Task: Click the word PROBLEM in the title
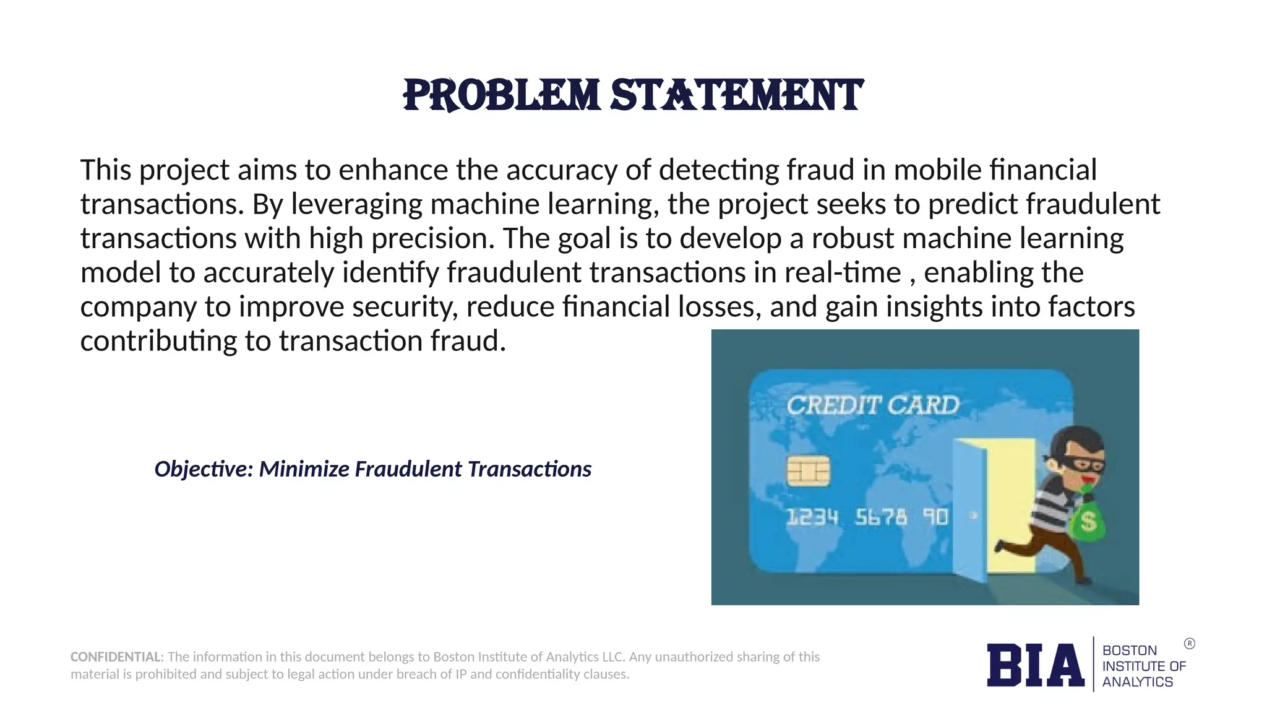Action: click(501, 96)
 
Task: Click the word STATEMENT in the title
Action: click(736, 96)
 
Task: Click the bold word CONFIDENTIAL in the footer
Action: click(116, 657)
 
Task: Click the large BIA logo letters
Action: click(1035, 665)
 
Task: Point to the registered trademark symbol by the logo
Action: click(1189, 644)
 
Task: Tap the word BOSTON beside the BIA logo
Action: click(1129, 650)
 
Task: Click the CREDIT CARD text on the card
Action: click(872, 405)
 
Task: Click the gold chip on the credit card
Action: click(808, 472)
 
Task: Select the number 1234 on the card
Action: click(812, 517)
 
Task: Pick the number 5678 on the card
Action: click(881, 517)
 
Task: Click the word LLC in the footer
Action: click(613, 657)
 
